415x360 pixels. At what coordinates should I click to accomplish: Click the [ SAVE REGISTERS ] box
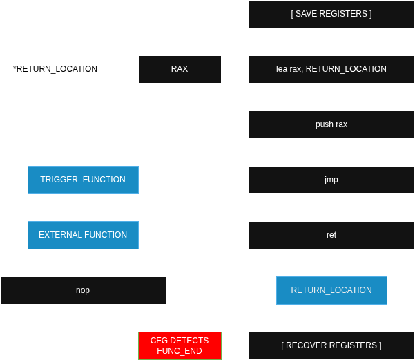331,14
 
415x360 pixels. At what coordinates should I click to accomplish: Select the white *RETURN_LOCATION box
55,69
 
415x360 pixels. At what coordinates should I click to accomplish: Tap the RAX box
180,69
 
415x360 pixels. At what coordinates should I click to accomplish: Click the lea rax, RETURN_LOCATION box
331,69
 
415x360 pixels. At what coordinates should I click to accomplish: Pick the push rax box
331,124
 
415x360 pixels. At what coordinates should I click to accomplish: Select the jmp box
331,180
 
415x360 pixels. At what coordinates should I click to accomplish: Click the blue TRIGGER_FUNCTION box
83,180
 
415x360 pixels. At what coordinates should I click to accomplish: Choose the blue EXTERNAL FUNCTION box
83,235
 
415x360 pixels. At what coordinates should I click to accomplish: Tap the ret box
331,235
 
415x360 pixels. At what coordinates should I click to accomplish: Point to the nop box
83,290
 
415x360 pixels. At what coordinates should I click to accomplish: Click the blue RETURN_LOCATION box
331,290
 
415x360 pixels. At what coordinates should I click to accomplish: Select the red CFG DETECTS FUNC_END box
180,345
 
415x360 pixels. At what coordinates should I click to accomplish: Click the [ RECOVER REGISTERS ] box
331,345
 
